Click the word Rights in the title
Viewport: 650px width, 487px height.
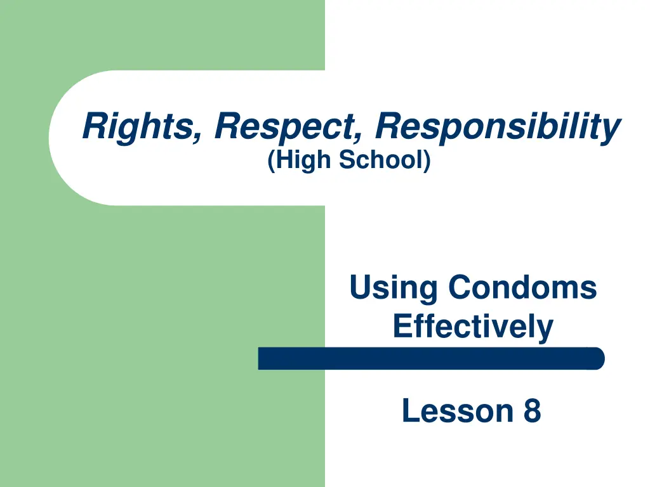coord(138,126)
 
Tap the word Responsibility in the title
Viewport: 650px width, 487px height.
coord(498,126)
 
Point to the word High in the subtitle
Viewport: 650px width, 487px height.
coord(303,160)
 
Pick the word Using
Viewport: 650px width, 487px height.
coord(394,289)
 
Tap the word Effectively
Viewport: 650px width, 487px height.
coord(473,327)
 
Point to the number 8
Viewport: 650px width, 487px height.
coord(532,411)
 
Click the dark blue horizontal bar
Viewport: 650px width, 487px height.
coord(431,358)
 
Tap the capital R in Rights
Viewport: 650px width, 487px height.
coord(95,126)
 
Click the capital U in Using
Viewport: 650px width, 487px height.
coord(361,288)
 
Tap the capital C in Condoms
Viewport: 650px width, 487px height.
coord(459,288)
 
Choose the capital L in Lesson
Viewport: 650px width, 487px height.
coord(409,411)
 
